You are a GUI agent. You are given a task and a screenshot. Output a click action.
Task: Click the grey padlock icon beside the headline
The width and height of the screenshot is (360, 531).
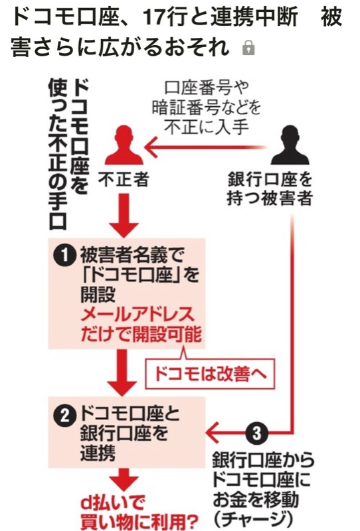[x=248, y=48]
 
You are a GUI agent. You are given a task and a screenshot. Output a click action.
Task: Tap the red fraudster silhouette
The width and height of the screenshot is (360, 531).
[x=124, y=145]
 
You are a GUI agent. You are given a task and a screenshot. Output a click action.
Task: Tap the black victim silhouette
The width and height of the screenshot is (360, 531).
[x=290, y=145]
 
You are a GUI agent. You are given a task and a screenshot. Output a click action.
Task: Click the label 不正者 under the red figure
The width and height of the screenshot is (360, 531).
[x=124, y=179]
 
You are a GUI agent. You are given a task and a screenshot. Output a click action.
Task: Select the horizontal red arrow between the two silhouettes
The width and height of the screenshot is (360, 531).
[x=205, y=148]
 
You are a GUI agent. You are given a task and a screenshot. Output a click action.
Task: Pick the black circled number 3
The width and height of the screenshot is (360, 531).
[x=256, y=433]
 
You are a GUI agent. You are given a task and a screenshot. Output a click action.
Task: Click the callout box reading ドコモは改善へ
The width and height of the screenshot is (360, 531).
[x=210, y=374]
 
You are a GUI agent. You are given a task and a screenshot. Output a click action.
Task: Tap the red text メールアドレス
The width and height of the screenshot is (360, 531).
[x=137, y=315]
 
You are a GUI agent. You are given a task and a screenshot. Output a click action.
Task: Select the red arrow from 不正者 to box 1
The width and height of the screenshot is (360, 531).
[x=124, y=215]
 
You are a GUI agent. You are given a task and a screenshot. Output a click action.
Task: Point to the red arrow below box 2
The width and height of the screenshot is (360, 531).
[x=124, y=479]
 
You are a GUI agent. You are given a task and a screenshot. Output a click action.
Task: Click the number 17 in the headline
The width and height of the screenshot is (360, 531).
[x=153, y=17]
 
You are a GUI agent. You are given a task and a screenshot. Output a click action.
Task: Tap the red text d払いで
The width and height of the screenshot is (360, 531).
[x=112, y=503]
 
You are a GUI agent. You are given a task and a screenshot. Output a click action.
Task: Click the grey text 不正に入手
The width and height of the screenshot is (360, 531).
[x=207, y=127]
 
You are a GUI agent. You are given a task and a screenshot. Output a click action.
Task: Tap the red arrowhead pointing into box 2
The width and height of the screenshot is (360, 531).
[x=213, y=433]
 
